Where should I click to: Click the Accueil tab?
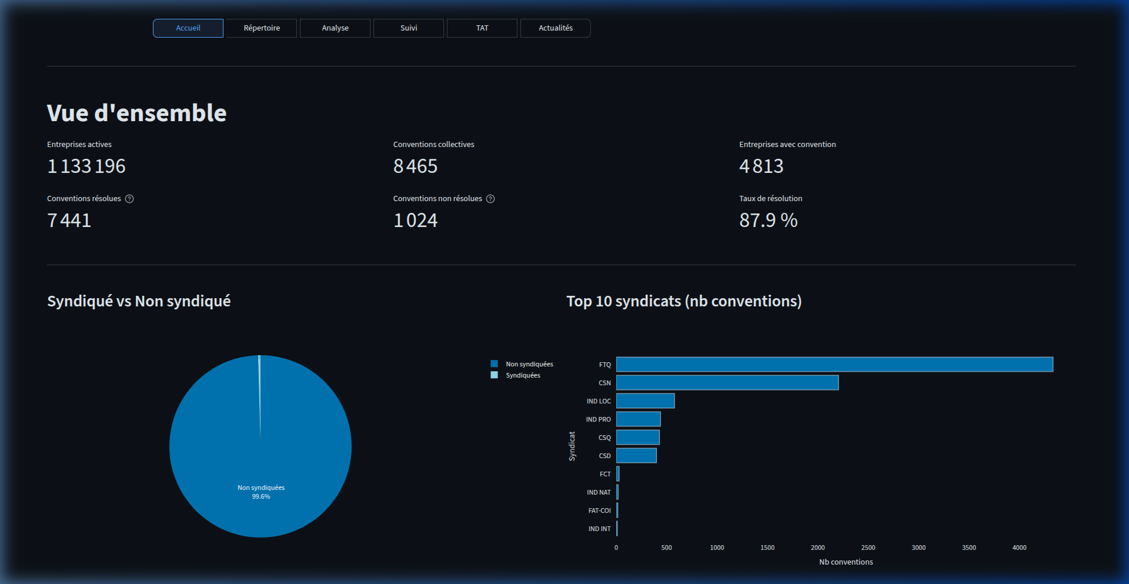coord(188,28)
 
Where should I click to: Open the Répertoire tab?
coord(262,28)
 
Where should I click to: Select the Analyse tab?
coord(335,28)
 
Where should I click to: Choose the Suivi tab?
coord(409,28)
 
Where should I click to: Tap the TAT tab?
coord(482,28)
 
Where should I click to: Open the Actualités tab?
coord(556,28)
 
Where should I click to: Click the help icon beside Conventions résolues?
coord(129,199)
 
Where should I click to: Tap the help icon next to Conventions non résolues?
coord(490,199)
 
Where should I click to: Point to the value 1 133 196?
coord(86,166)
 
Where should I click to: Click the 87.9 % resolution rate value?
coord(768,221)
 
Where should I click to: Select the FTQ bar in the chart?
coord(834,365)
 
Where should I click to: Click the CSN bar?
coord(727,383)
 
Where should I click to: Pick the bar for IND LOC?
coord(645,401)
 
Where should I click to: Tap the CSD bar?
coord(636,456)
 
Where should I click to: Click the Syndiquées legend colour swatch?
coord(495,375)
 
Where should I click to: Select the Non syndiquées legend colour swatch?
coord(495,364)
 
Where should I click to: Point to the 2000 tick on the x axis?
coord(817,548)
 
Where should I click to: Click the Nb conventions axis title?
coord(846,562)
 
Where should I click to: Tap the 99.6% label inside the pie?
coord(261,497)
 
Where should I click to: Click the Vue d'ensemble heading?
coord(136,113)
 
